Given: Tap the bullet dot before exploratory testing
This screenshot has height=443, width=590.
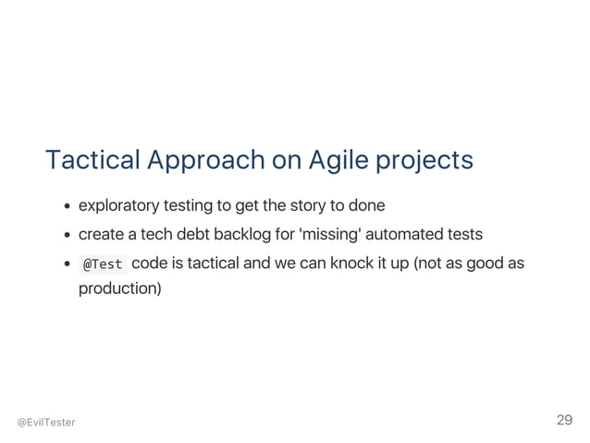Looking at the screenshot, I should click(69, 204).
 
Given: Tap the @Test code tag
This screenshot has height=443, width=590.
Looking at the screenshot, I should click(103, 265).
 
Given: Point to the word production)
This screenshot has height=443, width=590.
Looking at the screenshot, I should click(120, 289).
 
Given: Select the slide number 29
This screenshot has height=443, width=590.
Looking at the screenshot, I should click(564, 421).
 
